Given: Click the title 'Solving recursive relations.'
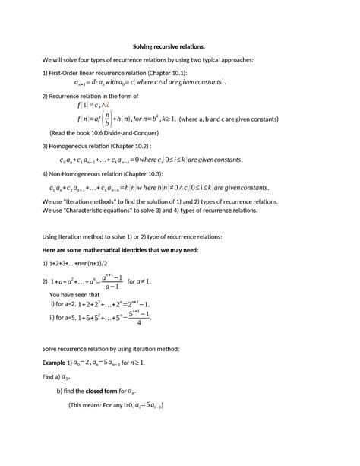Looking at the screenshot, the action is (x=179, y=46).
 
